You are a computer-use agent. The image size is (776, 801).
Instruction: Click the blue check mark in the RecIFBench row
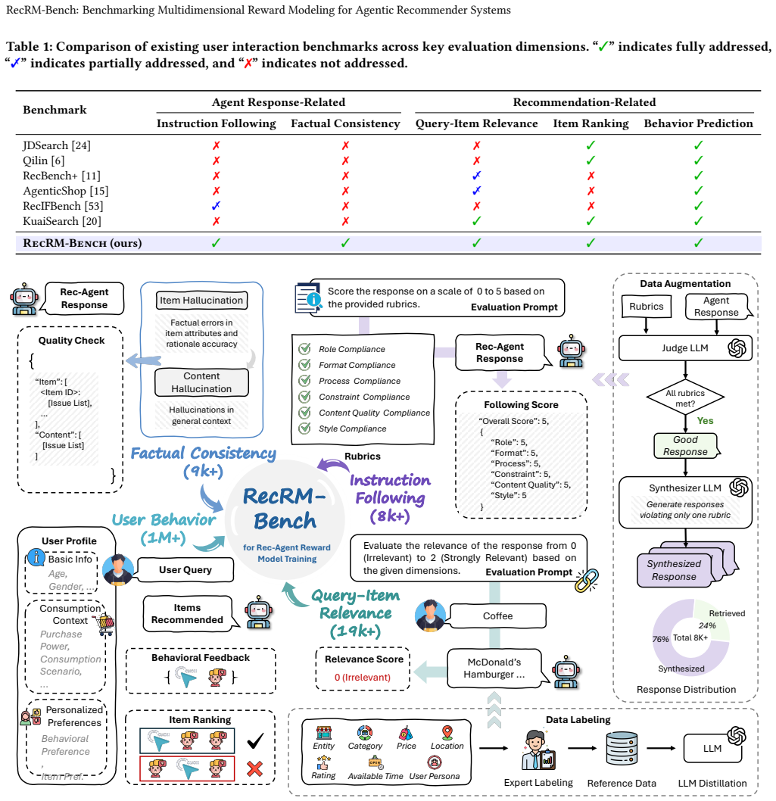pyautogui.click(x=216, y=206)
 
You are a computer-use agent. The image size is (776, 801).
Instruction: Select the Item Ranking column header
pyautogui.click(x=591, y=123)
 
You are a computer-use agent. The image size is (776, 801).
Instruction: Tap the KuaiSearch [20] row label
pyautogui.click(x=62, y=221)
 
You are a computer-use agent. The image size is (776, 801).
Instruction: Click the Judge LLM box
pyautogui.click(x=685, y=348)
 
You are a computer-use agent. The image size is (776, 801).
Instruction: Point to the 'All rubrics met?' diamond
pyautogui.click(x=685, y=398)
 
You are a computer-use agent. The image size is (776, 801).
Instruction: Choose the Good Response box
pyautogui.click(x=686, y=446)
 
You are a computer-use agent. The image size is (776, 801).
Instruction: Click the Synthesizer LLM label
pyautogui.click(x=685, y=488)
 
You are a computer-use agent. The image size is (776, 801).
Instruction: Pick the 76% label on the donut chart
pyautogui.click(x=660, y=639)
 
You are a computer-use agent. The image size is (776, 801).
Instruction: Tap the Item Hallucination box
pyautogui.click(x=202, y=301)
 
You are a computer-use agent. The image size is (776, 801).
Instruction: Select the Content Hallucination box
pyautogui.click(x=202, y=382)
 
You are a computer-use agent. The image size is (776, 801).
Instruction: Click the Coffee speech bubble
pyautogui.click(x=497, y=616)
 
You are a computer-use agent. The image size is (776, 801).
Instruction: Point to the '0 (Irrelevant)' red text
pyautogui.click(x=363, y=678)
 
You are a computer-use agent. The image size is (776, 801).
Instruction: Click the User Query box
pyautogui.click(x=185, y=569)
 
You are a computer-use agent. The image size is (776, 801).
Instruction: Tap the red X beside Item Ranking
pyautogui.click(x=254, y=768)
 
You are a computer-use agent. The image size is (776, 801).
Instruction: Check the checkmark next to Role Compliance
pyautogui.click(x=304, y=349)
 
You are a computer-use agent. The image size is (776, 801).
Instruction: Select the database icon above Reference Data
pyautogui.click(x=622, y=749)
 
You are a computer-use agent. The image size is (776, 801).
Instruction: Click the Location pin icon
pyautogui.click(x=447, y=733)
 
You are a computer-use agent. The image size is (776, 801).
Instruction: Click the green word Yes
pyautogui.click(x=705, y=421)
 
